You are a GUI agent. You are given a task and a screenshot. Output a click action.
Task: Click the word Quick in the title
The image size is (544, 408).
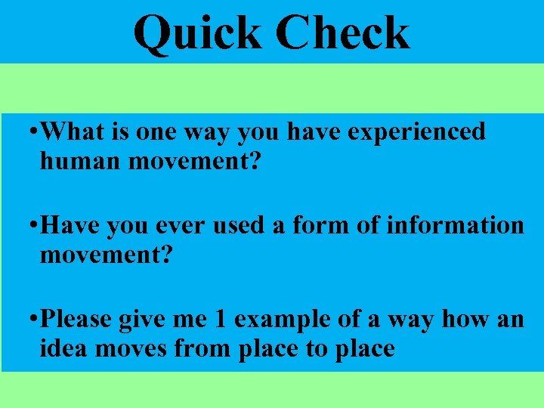pos(198,33)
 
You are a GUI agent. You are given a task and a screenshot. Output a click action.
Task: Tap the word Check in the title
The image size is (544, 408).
pos(343,33)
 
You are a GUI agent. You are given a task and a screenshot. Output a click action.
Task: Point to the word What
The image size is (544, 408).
pos(73,131)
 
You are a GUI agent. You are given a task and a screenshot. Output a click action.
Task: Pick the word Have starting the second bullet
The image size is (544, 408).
pos(70,226)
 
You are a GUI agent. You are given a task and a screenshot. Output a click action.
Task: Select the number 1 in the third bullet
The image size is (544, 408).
pos(220,320)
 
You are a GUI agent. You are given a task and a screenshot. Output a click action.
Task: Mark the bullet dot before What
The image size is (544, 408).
pos(29,132)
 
